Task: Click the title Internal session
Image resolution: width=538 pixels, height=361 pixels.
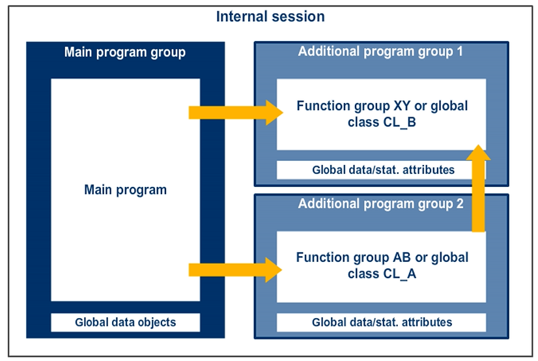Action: [270, 17]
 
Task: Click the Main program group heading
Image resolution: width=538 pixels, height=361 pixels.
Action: [125, 52]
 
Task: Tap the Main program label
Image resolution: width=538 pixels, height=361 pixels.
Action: [125, 190]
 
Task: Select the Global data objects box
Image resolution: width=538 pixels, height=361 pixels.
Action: [125, 322]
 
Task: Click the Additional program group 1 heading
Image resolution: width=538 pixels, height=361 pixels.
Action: [380, 52]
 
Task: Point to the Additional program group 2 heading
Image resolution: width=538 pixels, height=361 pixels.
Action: [380, 204]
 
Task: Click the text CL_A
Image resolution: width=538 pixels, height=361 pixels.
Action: [398, 274]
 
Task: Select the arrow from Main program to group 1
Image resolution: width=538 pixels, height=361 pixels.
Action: [234, 113]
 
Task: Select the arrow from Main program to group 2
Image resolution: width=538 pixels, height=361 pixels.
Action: [234, 269]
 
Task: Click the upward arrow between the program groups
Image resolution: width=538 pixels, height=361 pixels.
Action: [478, 189]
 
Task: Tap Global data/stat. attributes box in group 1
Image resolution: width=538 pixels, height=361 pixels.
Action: [382, 171]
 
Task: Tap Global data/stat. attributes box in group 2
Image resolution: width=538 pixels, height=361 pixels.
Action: [382, 322]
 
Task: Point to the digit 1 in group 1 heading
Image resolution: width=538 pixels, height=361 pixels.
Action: [459, 52]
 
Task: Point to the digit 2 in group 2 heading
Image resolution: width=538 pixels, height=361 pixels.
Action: [459, 204]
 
